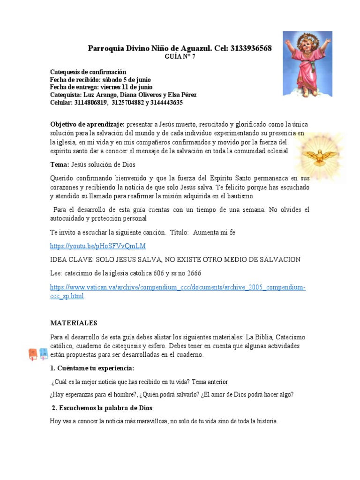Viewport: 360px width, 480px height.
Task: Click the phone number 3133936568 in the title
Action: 251,49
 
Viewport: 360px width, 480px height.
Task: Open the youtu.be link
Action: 98,246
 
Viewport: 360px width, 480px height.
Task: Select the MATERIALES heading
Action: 74,323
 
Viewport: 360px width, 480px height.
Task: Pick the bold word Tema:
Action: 60,165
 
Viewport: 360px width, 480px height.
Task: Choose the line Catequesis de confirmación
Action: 88,72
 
